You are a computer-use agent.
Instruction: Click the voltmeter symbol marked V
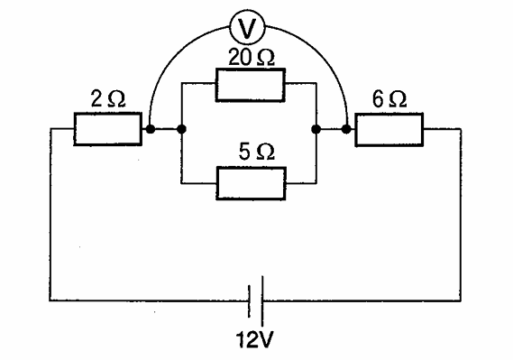tap(247, 28)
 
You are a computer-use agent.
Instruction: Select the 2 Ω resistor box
tap(107, 129)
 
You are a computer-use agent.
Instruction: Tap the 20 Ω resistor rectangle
tap(250, 85)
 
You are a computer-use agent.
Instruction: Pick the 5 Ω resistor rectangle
tap(251, 183)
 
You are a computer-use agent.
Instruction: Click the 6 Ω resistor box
tap(389, 130)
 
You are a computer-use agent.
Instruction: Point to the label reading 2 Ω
tap(108, 99)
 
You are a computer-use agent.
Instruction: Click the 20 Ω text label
tap(251, 58)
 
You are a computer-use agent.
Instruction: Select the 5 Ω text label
tap(256, 152)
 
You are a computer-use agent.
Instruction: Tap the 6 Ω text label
tap(389, 99)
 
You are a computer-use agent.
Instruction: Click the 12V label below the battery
tap(254, 340)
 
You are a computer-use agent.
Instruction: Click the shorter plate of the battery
tap(250, 301)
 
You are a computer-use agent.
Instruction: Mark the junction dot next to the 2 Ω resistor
tap(151, 129)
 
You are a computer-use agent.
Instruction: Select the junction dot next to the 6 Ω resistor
tap(346, 130)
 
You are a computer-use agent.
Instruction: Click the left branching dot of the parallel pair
tap(181, 129)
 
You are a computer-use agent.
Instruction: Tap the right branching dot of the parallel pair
tap(316, 130)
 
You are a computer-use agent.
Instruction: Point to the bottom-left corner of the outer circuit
tap(50, 300)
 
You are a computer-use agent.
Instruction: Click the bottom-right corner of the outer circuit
tap(461, 300)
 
